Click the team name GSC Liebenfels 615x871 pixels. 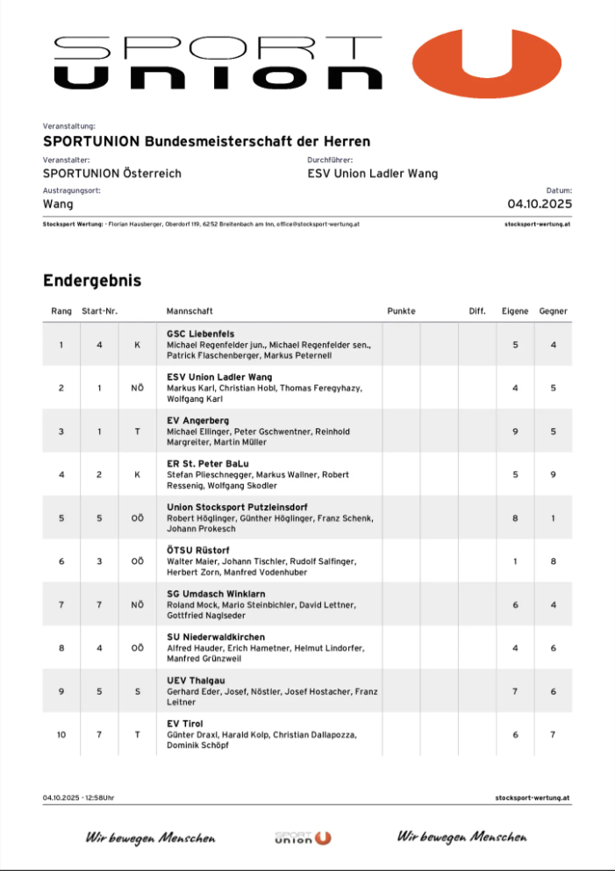tap(200, 334)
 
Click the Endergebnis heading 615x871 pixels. tap(92, 281)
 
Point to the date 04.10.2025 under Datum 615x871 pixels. tap(540, 203)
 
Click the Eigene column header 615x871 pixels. tap(515, 311)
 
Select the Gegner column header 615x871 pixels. tap(553, 311)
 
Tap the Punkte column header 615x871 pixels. tap(401, 311)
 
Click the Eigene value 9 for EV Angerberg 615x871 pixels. tap(515, 432)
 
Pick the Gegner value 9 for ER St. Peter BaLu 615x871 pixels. tap(553, 475)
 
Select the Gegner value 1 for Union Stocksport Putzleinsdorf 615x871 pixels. tap(553, 518)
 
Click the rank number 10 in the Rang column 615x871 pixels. tap(61, 734)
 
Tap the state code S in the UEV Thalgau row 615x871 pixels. tap(137, 691)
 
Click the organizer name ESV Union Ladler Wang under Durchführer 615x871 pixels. tap(372, 173)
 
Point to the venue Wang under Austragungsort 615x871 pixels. tap(58, 203)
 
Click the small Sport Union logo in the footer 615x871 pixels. tap(303, 838)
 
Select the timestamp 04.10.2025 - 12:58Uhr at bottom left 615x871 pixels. tap(78, 798)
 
